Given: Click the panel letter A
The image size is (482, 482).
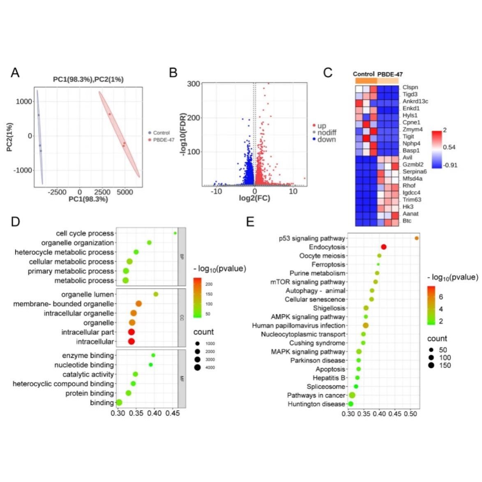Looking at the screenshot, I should [x=15, y=73].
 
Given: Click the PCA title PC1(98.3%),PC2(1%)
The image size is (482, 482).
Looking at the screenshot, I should [x=88, y=79].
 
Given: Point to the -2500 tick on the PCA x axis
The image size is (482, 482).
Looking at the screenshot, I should [x=57, y=192].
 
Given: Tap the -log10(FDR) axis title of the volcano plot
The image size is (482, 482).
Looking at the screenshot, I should [x=183, y=134].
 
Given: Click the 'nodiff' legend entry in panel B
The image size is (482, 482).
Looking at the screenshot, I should [x=327, y=133].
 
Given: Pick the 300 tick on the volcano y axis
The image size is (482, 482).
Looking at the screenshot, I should [x=194, y=84].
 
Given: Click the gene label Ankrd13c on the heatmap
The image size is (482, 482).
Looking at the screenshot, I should [x=415, y=101].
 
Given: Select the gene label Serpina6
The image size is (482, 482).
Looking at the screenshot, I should [x=415, y=171].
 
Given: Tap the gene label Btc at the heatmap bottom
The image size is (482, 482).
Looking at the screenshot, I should [x=407, y=221].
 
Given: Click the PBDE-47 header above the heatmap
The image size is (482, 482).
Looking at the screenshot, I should [x=390, y=74].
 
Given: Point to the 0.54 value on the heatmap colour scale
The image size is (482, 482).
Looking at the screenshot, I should [x=449, y=147].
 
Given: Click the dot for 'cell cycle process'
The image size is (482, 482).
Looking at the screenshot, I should [x=175, y=233].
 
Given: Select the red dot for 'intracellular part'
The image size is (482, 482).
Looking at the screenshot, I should [x=131, y=332].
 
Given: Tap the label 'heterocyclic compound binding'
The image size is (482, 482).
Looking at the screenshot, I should [x=63, y=384].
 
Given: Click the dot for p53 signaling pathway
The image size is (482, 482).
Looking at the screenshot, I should [x=417, y=238].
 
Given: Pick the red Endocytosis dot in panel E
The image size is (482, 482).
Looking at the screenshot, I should [x=384, y=247].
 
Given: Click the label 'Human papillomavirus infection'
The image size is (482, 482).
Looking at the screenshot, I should [x=299, y=325].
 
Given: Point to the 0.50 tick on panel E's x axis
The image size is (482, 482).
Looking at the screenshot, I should [x=410, y=414].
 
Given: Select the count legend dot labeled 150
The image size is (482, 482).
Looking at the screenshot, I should [x=431, y=365].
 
